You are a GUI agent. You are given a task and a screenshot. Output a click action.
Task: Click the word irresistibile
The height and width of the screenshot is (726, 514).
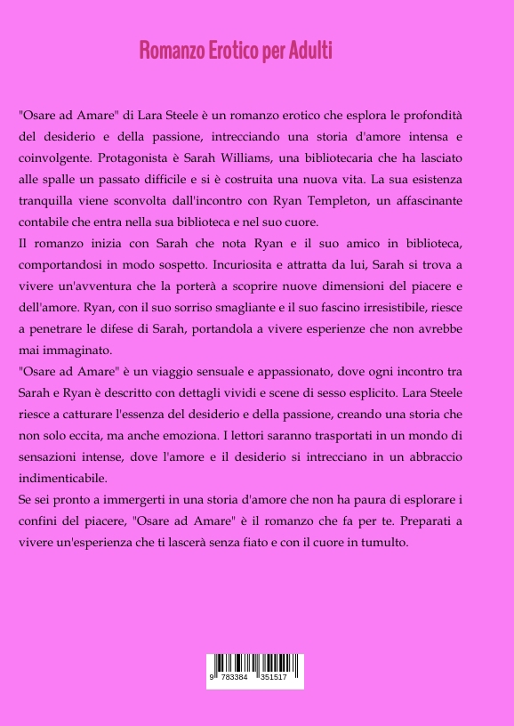point(410,307)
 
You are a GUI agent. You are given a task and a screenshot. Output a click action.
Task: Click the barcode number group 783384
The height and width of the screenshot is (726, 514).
point(235,677)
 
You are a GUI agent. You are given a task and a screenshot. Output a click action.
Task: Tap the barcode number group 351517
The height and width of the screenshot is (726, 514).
point(273,677)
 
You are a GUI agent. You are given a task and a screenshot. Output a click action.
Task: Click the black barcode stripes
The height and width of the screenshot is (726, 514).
point(255,663)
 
